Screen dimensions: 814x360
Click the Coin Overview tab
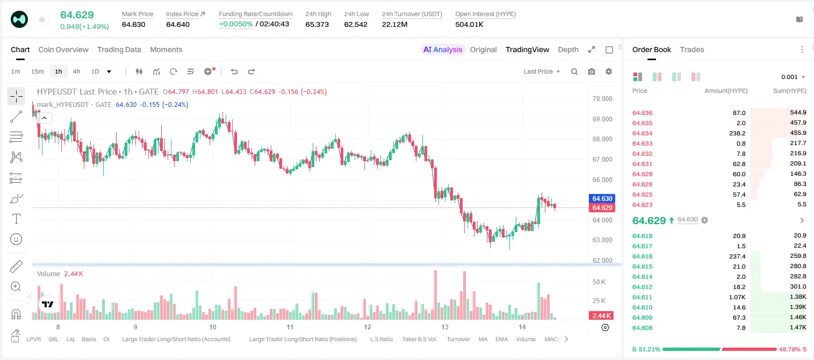click(63, 49)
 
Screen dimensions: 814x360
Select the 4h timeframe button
click(76, 71)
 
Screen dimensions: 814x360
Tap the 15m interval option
click(38, 71)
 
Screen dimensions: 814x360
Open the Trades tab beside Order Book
click(692, 49)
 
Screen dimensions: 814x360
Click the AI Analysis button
click(443, 49)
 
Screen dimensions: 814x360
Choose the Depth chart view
click(568, 49)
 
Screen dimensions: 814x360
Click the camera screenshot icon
click(592, 71)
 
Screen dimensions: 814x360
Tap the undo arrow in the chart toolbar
click(234, 71)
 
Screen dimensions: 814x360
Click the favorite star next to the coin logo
click(42, 19)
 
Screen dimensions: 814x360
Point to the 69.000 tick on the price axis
click(602, 119)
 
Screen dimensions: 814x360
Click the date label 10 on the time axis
click(213, 327)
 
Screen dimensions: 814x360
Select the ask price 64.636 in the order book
click(642, 113)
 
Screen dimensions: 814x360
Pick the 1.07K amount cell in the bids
click(737, 297)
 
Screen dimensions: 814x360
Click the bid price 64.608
click(642, 328)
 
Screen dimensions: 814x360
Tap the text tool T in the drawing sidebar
click(16, 219)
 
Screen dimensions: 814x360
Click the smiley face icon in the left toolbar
click(16, 239)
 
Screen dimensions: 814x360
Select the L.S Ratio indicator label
click(381, 339)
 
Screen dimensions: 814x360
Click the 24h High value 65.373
click(317, 24)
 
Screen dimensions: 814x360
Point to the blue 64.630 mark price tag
click(602, 198)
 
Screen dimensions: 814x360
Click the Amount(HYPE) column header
click(726, 91)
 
